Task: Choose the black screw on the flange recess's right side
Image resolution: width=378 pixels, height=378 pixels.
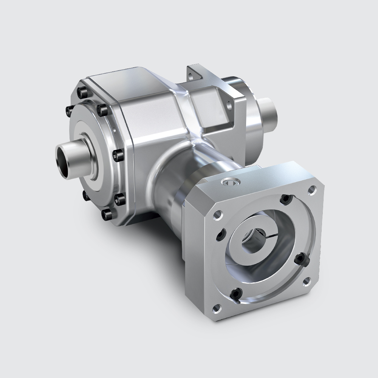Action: pos(300,259)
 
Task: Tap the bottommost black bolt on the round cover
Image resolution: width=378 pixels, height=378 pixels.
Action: pos(107,215)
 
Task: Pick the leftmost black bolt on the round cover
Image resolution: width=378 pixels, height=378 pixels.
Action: pos(69,110)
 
